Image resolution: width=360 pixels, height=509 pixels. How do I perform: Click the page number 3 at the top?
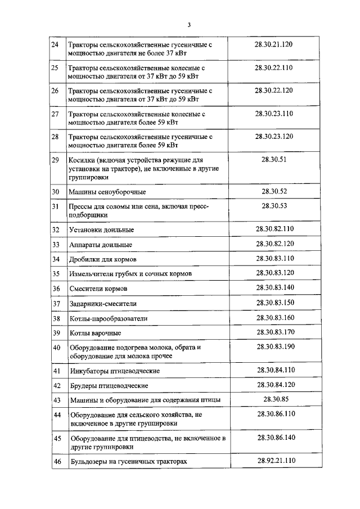[x=190, y=25]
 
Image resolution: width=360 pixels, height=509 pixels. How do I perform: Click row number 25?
[x=55, y=68]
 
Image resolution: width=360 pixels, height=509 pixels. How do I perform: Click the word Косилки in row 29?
[x=82, y=160]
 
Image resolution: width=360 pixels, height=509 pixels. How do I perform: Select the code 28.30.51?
[x=274, y=160]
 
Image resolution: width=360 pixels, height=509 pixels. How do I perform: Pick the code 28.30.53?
[x=274, y=206]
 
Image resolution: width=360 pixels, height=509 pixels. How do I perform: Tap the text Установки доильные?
[x=101, y=230]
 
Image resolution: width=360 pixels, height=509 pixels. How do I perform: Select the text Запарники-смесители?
[x=103, y=304]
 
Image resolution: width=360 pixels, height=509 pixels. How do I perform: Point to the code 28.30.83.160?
[x=276, y=318]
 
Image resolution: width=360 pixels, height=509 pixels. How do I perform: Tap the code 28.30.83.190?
[x=276, y=346]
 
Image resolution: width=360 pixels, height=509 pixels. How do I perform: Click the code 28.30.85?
[x=276, y=399]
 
